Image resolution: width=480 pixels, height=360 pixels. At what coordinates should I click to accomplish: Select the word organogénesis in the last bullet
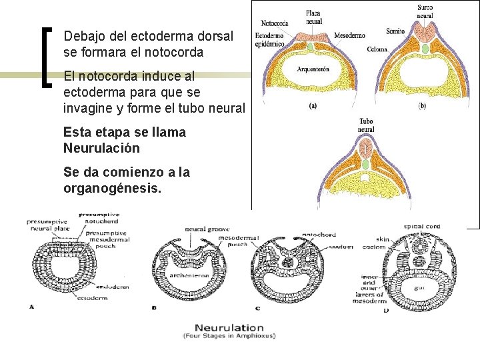112,188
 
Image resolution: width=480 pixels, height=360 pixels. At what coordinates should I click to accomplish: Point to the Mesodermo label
349,34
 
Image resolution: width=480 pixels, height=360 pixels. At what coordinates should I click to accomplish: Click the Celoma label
377,49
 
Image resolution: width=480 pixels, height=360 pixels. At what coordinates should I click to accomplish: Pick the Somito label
395,31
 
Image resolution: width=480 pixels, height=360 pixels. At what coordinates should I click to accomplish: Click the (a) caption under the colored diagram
312,106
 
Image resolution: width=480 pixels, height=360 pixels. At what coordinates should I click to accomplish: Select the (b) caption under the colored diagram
421,106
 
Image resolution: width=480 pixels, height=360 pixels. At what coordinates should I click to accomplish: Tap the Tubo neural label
366,125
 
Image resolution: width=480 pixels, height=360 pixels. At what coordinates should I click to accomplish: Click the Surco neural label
425,11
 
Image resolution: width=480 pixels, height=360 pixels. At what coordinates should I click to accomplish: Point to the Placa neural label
313,16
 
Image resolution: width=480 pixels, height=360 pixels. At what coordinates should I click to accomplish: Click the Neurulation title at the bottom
229,327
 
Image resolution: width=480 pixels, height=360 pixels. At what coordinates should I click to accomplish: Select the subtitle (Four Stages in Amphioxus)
229,336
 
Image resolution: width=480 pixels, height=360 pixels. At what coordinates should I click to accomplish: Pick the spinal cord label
421,227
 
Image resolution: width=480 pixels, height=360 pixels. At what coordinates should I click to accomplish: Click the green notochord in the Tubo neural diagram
365,163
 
